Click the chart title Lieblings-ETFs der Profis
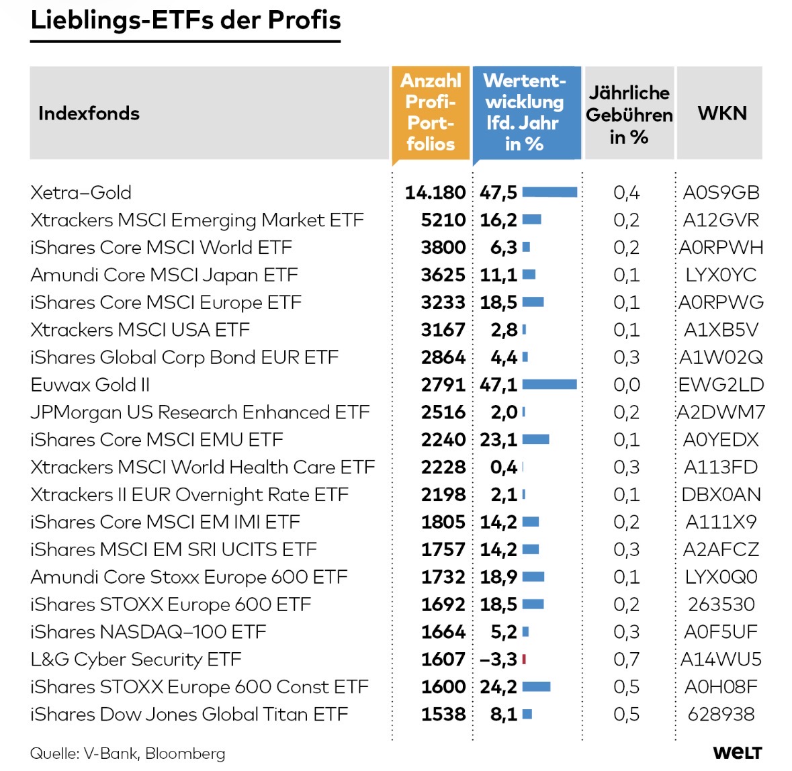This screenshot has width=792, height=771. click(x=185, y=20)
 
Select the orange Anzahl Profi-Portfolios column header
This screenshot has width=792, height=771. click(x=431, y=112)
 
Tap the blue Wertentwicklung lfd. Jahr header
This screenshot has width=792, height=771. click(x=525, y=112)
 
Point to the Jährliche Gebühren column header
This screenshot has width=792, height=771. click(x=629, y=114)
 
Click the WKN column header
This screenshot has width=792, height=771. click(x=722, y=113)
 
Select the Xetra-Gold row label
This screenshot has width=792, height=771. click(x=81, y=193)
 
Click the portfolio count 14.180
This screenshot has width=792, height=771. click(x=435, y=193)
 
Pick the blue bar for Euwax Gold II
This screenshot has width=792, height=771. click(x=549, y=385)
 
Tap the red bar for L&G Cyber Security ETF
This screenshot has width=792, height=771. click(x=524, y=660)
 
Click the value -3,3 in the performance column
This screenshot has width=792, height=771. click(x=498, y=660)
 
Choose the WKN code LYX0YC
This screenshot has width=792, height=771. click(x=721, y=275)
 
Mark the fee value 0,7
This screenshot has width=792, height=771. click(x=626, y=660)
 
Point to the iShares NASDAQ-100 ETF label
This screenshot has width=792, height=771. click(x=148, y=632)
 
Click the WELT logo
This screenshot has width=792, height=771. click(x=737, y=753)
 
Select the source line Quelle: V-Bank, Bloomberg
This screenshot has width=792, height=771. click(x=128, y=754)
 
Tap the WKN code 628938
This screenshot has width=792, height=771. click(x=721, y=715)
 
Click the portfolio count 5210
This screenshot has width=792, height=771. click(x=443, y=220)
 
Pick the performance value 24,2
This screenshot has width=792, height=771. click(x=498, y=687)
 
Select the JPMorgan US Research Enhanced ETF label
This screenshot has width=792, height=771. click(x=200, y=412)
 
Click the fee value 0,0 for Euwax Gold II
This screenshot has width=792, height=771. click(x=626, y=385)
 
